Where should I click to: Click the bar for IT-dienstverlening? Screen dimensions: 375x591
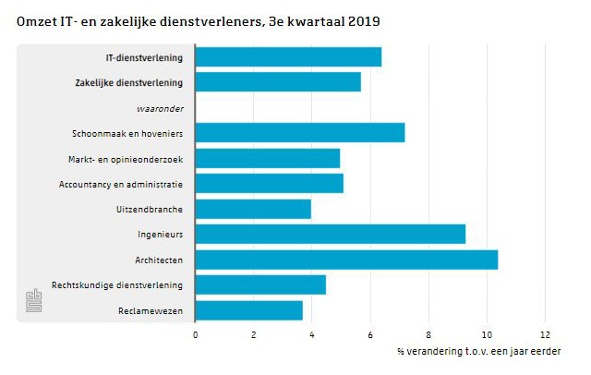[288, 57]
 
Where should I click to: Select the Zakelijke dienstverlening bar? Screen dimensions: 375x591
[278, 82]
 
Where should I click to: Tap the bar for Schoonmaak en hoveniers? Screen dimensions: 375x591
[300, 133]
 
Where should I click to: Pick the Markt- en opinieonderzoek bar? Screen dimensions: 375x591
[268, 159]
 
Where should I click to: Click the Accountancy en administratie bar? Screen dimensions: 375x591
[270, 184]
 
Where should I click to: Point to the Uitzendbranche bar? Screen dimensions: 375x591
[253, 209]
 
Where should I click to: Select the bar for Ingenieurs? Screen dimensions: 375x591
[331, 234]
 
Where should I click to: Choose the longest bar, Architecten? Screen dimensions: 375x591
[346, 260]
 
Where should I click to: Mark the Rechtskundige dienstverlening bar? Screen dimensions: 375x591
[260, 284]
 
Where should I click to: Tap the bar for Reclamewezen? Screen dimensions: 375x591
[249, 310]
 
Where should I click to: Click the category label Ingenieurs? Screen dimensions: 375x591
[160, 235]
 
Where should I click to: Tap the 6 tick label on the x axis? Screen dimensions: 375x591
[370, 333]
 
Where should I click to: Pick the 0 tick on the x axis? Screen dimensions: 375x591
[196, 333]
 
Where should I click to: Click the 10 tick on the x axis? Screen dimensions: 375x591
[487, 333]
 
